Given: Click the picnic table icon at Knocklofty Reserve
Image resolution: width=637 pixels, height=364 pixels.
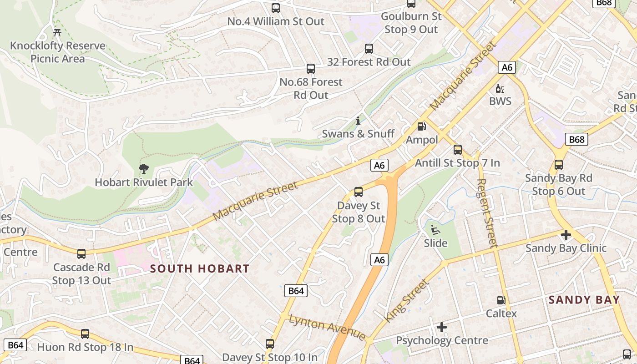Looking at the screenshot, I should click(57, 32).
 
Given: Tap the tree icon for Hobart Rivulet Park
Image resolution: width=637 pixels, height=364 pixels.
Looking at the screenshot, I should click(144, 169).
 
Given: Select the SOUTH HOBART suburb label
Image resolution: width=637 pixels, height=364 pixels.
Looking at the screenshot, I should click(200, 269).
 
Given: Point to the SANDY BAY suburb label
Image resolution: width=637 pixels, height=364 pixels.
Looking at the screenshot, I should click(584, 300).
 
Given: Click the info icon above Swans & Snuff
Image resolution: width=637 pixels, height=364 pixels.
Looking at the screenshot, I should click(358, 121).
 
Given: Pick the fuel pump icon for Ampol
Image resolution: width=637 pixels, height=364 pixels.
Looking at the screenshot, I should click(422, 126).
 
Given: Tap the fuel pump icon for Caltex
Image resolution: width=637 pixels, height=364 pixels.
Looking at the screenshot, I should click(501, 300).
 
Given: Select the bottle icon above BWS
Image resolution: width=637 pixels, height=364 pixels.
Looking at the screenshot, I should click(500, 88).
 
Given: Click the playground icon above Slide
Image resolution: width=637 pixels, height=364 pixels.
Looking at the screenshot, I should click(435, 229).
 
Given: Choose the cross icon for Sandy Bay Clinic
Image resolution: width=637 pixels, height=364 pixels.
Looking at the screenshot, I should click(566, 235).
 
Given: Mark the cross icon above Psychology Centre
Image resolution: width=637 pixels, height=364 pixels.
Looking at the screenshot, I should click(441, 327).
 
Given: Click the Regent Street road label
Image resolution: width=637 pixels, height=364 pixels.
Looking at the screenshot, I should click(487, 212).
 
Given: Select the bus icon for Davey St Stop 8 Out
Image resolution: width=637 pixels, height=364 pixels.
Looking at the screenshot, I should click(359, 192).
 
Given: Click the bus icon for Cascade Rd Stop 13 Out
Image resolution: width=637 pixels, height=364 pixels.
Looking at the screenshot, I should click(81, 254).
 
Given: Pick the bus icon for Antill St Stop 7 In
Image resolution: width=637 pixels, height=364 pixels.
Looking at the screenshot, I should click(458, 149).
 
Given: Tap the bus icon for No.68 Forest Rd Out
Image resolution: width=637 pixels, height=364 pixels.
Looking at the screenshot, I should click(311, 69).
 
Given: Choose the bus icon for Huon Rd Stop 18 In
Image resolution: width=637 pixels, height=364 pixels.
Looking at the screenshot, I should click(85, 334).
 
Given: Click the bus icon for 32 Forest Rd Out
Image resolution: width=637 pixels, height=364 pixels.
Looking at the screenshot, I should click(369, 49).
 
